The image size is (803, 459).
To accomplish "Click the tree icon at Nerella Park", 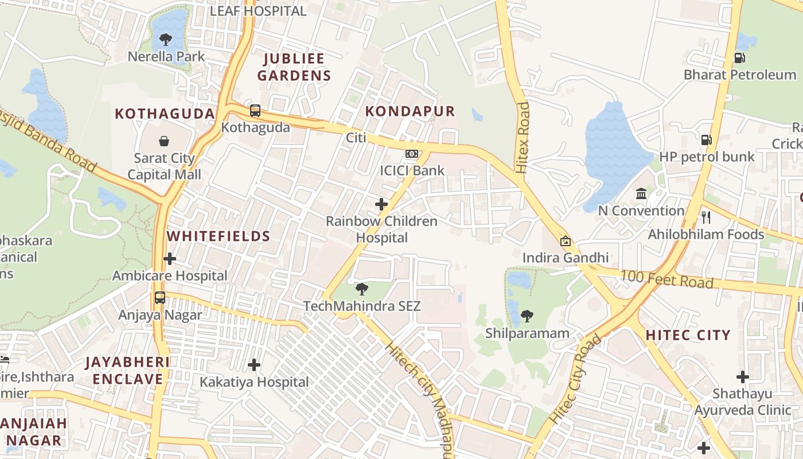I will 166,40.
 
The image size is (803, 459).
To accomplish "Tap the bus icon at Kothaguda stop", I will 255,110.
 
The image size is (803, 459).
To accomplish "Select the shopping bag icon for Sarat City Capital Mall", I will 164,141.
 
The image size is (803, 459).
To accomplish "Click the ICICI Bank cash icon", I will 412,154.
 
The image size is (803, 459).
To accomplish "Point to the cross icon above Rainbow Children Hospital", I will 381,204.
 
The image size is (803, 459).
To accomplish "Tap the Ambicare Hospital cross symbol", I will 170,259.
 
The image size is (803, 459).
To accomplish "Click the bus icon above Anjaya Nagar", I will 160,298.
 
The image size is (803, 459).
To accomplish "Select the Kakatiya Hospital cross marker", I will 254,364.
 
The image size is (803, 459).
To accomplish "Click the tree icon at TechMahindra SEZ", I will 362,289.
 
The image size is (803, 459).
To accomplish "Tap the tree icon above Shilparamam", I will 527,316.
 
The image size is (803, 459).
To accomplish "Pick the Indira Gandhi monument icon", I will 566,241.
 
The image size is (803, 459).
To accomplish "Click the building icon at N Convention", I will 641,194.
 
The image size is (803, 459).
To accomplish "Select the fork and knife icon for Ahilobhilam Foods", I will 706,217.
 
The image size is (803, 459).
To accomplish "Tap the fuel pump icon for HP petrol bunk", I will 706,139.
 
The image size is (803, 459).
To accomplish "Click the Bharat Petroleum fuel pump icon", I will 740,57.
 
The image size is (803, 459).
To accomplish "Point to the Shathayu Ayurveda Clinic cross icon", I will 743,377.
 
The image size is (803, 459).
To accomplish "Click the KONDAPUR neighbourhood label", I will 410,111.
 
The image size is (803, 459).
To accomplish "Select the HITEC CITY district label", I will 688,335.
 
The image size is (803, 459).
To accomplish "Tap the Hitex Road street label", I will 522,138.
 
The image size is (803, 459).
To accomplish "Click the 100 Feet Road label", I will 666,280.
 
